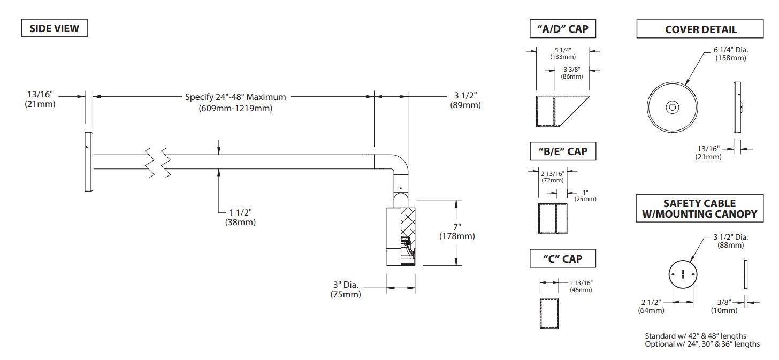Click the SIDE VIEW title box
54,28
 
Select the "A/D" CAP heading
563,28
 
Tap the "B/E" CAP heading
563,151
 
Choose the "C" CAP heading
563,258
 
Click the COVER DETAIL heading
700,29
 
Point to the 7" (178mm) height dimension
457,232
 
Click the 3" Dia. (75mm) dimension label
346,289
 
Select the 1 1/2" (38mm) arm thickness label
240,217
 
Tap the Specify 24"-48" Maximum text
235,97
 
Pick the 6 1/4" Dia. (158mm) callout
731,54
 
